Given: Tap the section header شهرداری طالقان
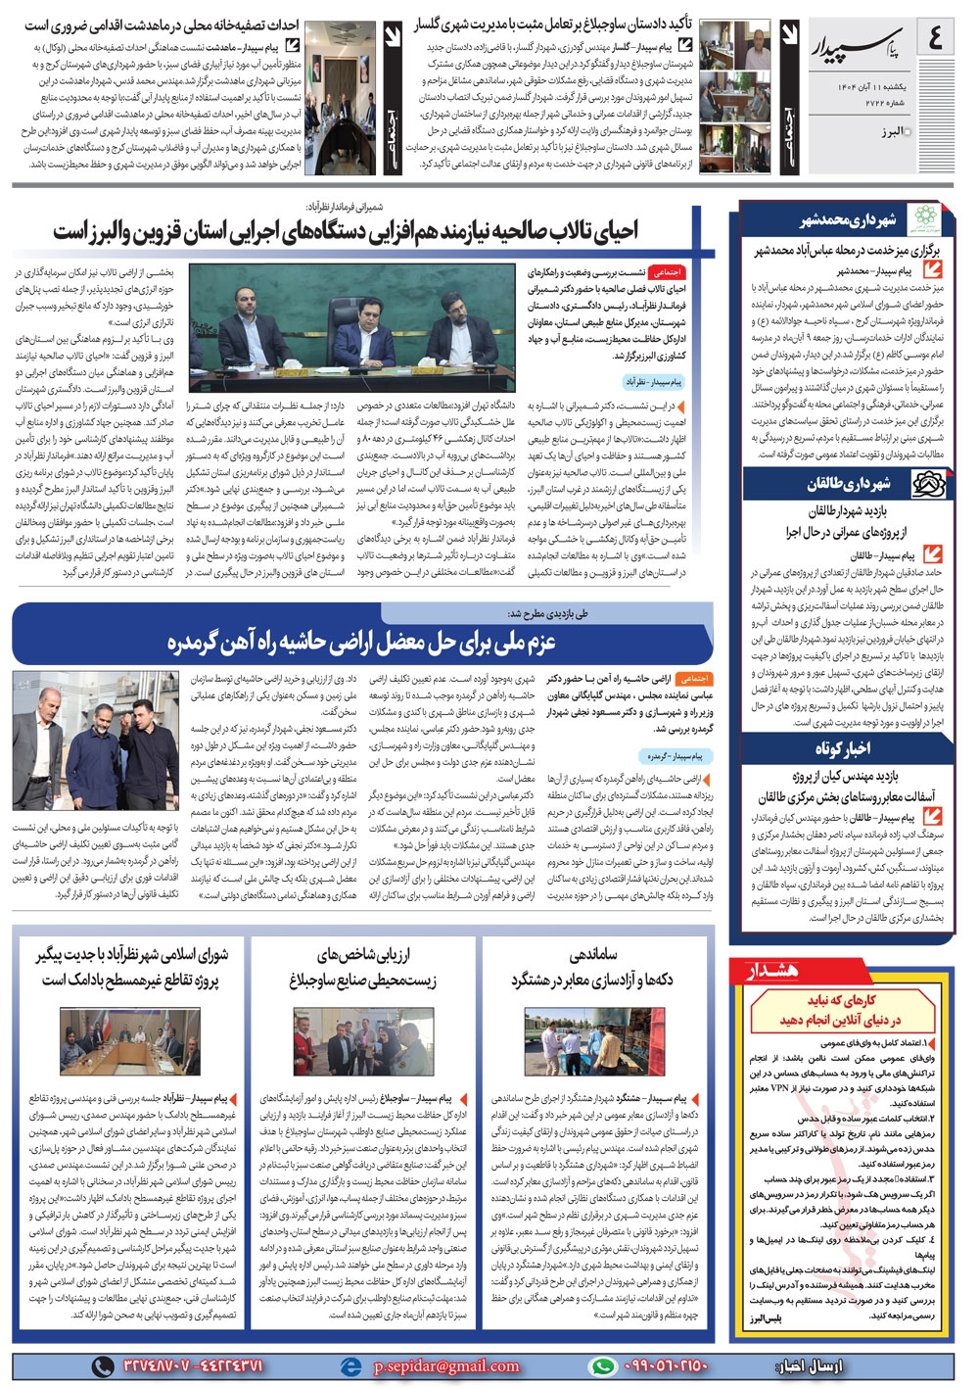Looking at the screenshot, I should pyautogui.click(x=849, y=484).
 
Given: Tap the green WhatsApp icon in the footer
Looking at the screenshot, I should pyautogui.click(x=603, y=1365).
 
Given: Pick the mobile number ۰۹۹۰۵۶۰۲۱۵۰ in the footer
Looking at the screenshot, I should pyautogui.click(x=665, y=1365).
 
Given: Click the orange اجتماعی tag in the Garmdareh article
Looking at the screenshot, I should pyautogui.click(x=694, y=678).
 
